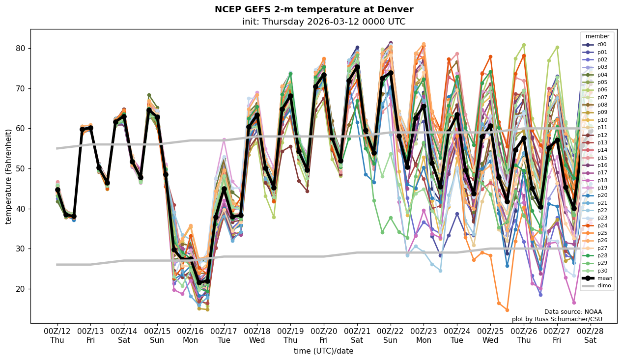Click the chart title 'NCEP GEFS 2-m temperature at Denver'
(x=314, y=9)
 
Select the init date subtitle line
(x=324, y=22)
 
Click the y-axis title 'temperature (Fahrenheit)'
(x=8, y=176)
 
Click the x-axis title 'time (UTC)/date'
(x=323, y=351)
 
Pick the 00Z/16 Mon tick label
(x=191, y=335)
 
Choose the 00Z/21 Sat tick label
(x=357, y=335)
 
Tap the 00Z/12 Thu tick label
(x=57, y=335)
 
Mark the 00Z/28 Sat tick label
(x=590, y=335)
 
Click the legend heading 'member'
(x=597, y=36)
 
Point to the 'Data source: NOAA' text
(x=573, y=312)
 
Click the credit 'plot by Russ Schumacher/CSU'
(x=557, y=319)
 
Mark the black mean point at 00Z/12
(x=57, y=190)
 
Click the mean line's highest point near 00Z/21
(x=357, y=67)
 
